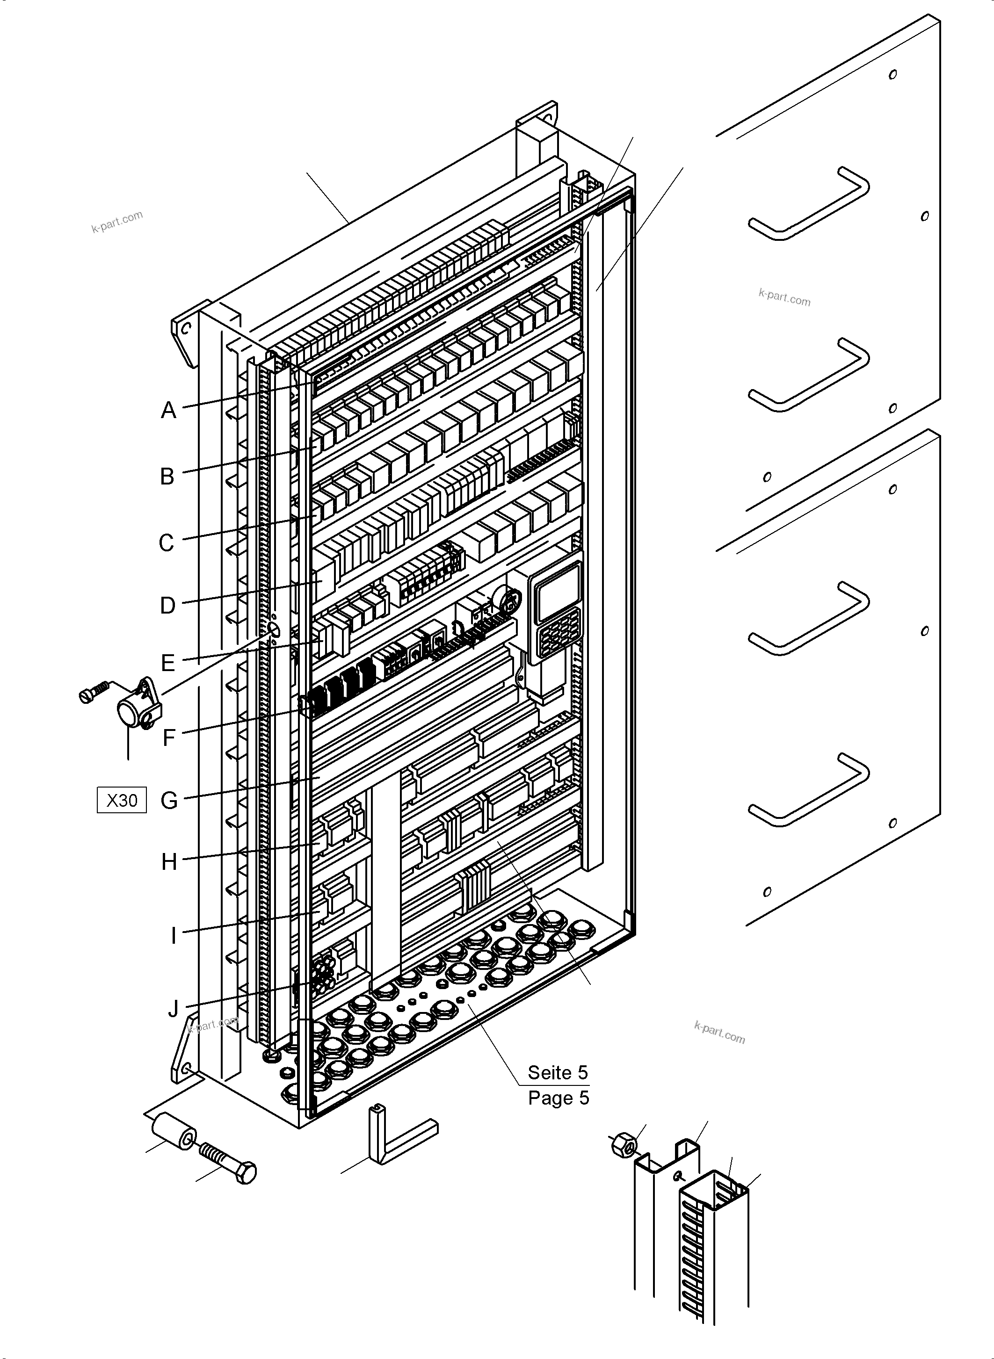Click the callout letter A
[168, 410]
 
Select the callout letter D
[168, 606]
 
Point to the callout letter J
[173, 1009]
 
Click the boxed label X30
[122, 801]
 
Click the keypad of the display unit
[559, 632]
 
